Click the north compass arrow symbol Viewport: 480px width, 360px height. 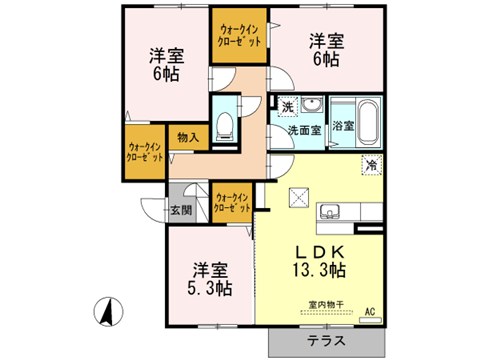tap(104, 312)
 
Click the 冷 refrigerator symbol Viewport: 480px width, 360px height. tap(371, 165)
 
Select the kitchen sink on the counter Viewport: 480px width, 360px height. tap(330, 211)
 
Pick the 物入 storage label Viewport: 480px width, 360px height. tap(188, 137)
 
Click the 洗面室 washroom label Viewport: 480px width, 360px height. tap(304, 130)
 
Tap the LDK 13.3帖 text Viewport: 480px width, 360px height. tap(319, 259)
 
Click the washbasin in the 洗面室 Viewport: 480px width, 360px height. tap(311, 105)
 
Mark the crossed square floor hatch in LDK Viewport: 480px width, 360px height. tap(297, 195)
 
